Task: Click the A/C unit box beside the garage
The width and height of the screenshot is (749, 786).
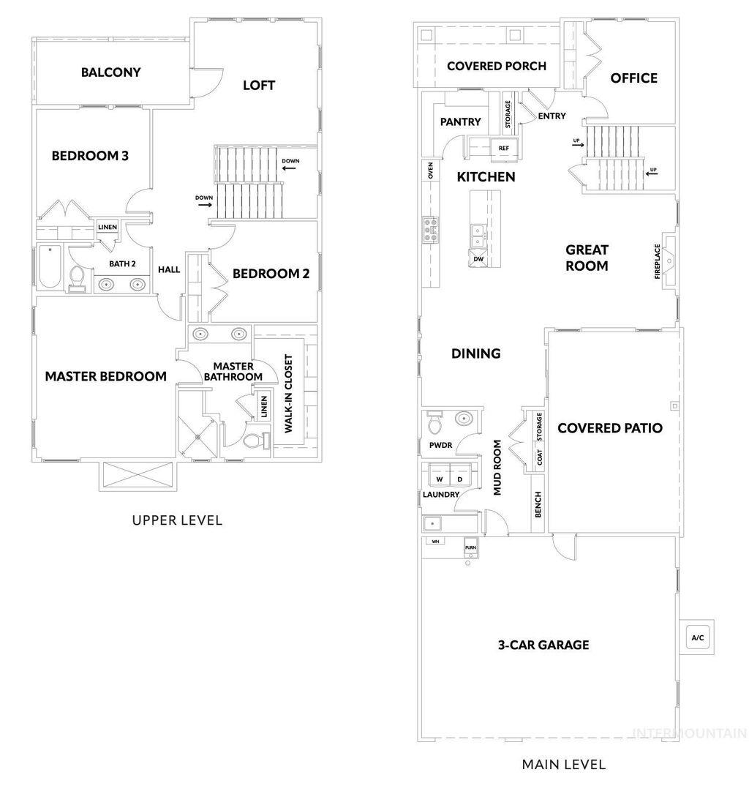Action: (697, 637)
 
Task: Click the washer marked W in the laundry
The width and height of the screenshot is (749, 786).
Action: (440, 479)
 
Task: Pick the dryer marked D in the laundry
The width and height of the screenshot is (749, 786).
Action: (460, 479)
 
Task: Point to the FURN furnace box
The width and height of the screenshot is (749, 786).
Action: (470, 547)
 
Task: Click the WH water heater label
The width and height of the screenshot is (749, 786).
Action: (435, 542)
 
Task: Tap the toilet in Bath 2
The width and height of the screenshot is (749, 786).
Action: (77, 278)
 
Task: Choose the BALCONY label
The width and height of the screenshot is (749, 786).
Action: (110, 72)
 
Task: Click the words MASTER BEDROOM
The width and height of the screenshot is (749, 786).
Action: (106, 377)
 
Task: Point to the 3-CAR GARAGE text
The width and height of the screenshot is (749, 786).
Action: (543, 645)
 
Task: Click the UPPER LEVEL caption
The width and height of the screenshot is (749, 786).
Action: (177, 521)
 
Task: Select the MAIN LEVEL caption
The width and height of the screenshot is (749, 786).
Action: (563, 765)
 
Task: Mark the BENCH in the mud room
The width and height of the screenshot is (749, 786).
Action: (538, 505)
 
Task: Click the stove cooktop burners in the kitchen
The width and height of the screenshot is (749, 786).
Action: (430, 230)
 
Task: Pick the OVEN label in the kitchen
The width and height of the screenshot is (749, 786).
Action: (432, 171)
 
